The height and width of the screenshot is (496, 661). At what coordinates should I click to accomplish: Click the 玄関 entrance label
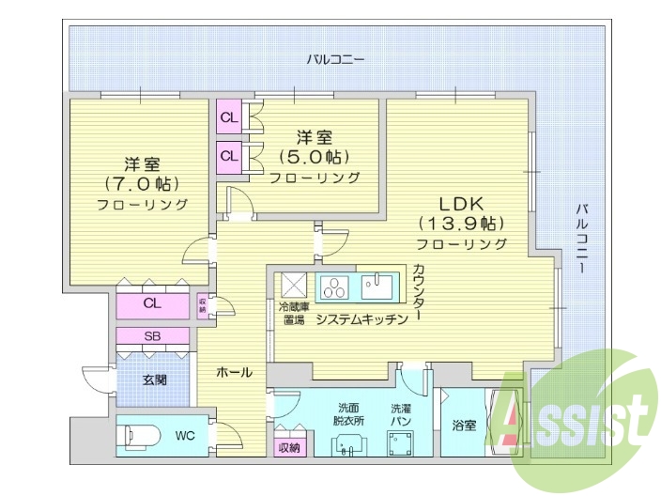point(155,380)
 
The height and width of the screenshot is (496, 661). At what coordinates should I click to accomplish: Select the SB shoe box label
point(152,336)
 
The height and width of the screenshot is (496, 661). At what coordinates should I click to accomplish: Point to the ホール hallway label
point(234,372)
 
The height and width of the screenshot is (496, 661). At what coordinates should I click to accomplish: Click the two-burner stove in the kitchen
point(334,286)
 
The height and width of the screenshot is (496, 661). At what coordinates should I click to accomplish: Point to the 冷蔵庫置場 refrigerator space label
point(293,313)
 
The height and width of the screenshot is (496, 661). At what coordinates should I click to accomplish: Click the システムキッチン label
point(361,319)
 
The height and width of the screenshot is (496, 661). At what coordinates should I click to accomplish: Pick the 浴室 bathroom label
point(463,426)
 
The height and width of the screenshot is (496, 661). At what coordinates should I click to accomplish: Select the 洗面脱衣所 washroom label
point(349,414)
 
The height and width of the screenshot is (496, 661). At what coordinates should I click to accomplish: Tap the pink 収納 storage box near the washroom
point(289,447)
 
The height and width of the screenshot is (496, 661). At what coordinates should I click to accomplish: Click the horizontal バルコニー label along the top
point(335,60)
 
